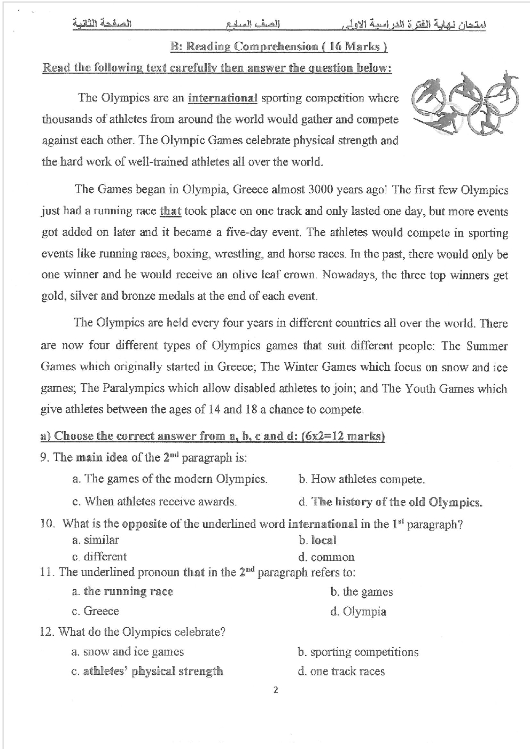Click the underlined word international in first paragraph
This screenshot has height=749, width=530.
(x=222, y=98)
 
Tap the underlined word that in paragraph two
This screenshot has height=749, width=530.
(x=170, y=211)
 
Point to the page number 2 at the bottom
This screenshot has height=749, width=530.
(x=275, y=690)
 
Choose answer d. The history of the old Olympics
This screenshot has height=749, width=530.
(x=391, y=502)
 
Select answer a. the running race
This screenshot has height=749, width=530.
(x=122, y=591)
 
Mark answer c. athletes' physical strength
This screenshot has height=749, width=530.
(x=147, y=672)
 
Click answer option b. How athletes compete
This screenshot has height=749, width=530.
(x=362, y=479)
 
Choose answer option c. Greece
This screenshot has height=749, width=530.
(x=95, y=611)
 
